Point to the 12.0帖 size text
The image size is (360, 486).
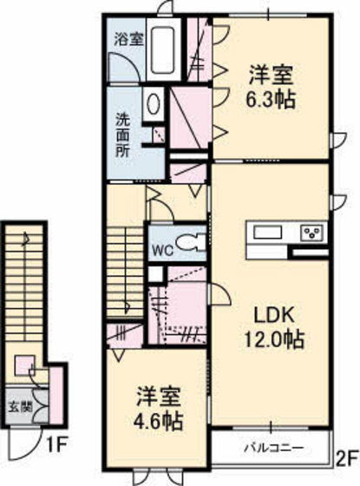coord(272,340)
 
